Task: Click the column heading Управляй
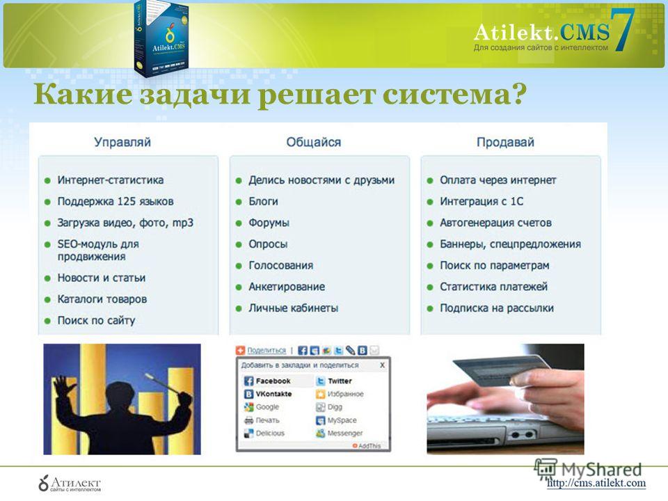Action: pyautogui.click(x=122, y=142)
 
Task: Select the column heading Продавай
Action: pyautogui.click(x=505, y=142)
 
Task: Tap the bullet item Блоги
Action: pyautogui.click(x=263, y=202)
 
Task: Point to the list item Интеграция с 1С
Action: pyautogui.click(x=482, y=202)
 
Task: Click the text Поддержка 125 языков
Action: pyautogui.click(x=116, y=202)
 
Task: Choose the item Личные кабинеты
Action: pyautogui.click(x=294, y=308)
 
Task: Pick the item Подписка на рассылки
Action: pyautogui.click(x=497, y=308)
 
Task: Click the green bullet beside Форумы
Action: pyautogui.click(x=239, y=223)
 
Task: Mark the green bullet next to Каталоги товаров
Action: pyautogui.click(x=48, y=300)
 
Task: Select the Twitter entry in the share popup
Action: pyautogui.click(x=334, y=381)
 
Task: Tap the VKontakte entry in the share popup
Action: pyautogui.click(x=268, y=394)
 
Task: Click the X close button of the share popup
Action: pyautogui.click(x=382, y=365)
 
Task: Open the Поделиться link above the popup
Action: pyautogui.click(x=267, y=350)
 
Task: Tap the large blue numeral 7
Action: pyautogui.click(x=623, y=30)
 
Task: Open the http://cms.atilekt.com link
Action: pyautogui.click(x=596, y=483)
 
